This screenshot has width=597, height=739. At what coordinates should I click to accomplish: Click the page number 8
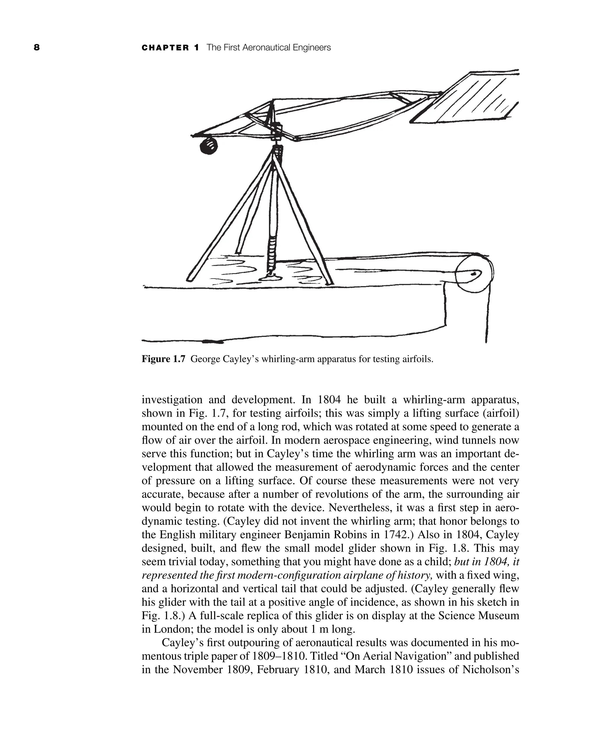[37, 48]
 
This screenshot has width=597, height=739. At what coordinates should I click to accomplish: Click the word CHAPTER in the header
[165, 48]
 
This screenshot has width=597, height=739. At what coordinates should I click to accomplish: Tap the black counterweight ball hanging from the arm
[208, 146]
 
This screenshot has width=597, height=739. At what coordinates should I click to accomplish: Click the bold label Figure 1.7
[163, 359]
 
